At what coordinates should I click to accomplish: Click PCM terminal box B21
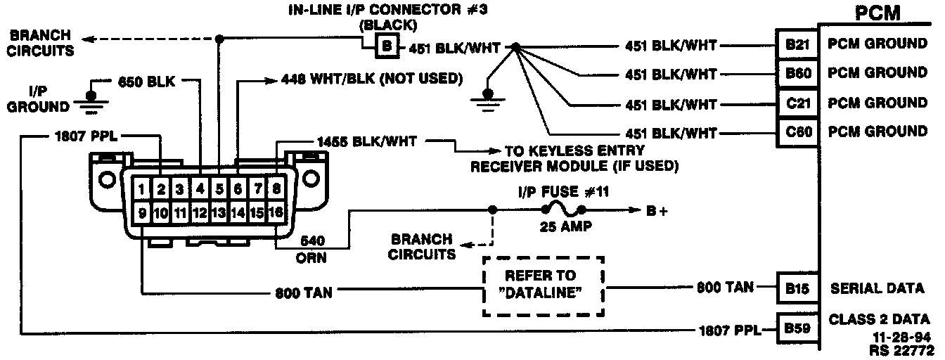[797, 44]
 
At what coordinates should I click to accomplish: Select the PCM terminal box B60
[797, 73]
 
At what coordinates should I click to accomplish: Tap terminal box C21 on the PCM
[797, 103]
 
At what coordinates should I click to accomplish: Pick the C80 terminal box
[797, 131]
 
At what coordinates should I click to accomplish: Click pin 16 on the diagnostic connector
[276, 211]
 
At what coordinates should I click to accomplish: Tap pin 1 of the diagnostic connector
[142, 188]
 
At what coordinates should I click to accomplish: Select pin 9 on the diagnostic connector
[142, 211]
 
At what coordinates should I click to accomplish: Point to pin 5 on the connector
[219, 188]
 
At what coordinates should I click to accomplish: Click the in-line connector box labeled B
[387, 48]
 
